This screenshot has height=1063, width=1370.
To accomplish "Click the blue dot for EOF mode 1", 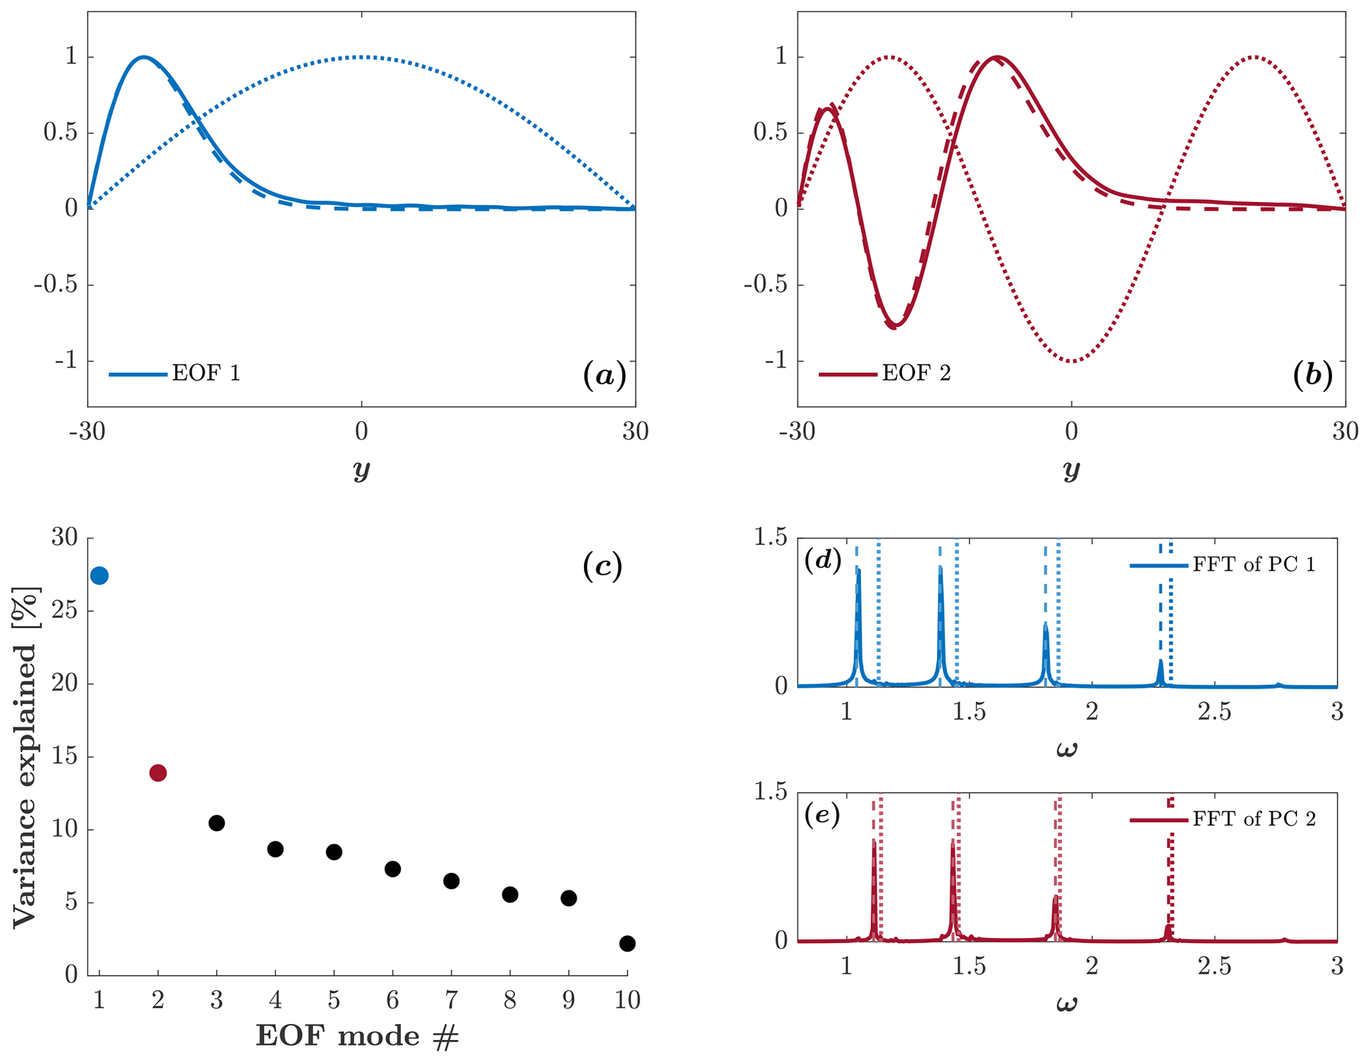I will pos(99,576).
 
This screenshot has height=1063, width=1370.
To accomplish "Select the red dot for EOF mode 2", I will pos(158,772).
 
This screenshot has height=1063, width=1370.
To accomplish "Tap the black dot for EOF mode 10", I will pos(627,943).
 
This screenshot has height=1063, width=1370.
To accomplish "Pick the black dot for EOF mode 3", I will pos(216,823).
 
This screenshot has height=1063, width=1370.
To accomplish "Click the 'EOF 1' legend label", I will pos(206,374).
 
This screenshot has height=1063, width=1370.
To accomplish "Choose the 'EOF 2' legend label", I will pos(916,374).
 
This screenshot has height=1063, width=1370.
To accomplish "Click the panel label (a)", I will pos(604,375).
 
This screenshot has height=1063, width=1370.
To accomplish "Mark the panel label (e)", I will pos(822,815).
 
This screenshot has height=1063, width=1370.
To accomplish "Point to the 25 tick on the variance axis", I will pos(64,610).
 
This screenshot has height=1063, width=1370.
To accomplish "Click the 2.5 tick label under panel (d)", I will pos(1214,712).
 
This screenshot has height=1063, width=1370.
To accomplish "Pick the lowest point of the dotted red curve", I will pos(1072,362).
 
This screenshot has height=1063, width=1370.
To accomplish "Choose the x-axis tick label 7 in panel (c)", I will pos(451,999).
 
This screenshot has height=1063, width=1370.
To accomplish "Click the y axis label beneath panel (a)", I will pos(361,470).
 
